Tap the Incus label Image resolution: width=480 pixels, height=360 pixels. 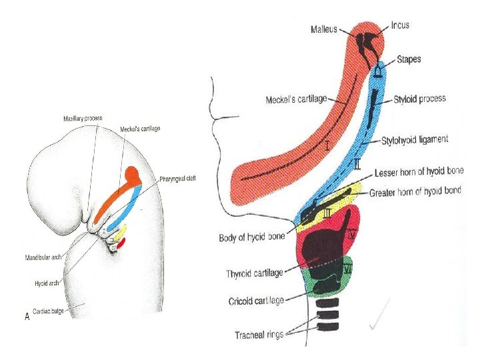tap(400, 25)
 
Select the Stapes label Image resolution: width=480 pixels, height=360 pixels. tap(409, 59)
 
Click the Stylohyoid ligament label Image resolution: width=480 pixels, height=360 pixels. tap(415, 140)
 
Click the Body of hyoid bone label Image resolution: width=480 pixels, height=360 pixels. tap(251, 237)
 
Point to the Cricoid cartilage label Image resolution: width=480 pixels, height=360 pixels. tap(255, 301)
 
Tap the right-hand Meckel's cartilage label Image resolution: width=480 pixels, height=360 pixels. tap(296, 100)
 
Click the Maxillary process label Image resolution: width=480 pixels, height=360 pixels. tap(83, 118)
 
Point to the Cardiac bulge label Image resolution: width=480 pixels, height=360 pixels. tap(48, 311)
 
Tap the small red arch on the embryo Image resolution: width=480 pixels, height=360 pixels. tap(121, 241)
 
